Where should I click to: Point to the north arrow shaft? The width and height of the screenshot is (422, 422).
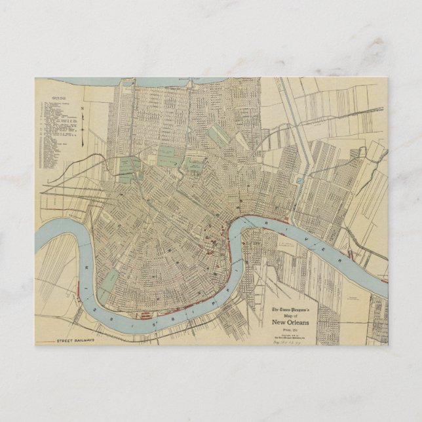[83, 128]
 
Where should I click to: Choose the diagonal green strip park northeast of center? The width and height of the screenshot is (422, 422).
[217, 136]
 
